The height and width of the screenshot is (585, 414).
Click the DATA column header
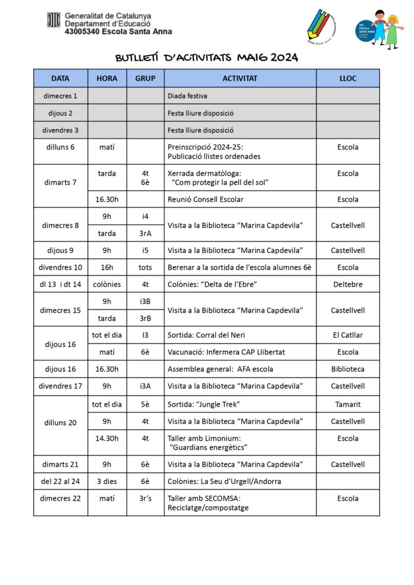click(61, 78)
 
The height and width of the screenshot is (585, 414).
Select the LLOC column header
click(348, 78)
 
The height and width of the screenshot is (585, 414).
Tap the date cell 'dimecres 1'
click(61, 95)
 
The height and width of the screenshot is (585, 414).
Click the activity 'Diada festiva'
click(188, 95)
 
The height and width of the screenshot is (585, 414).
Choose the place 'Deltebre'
click(348, 284)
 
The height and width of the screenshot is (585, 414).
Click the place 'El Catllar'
click(348, 335)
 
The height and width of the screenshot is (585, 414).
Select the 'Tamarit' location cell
click(348, 404)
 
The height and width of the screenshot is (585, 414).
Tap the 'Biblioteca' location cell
click(348, 369)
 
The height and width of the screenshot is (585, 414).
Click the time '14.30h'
click(107, 438)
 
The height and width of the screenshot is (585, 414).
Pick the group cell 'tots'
click(146, 267)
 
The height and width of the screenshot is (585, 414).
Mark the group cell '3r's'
click(146, 498)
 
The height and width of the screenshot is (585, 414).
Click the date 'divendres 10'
click(61, 267)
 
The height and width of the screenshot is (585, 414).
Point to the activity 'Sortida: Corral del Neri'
click(206, 335)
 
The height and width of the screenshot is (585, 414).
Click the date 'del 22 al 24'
click(61, 481)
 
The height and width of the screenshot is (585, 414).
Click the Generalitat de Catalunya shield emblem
click(54, 20)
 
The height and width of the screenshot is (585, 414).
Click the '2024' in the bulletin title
click(284, 58)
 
